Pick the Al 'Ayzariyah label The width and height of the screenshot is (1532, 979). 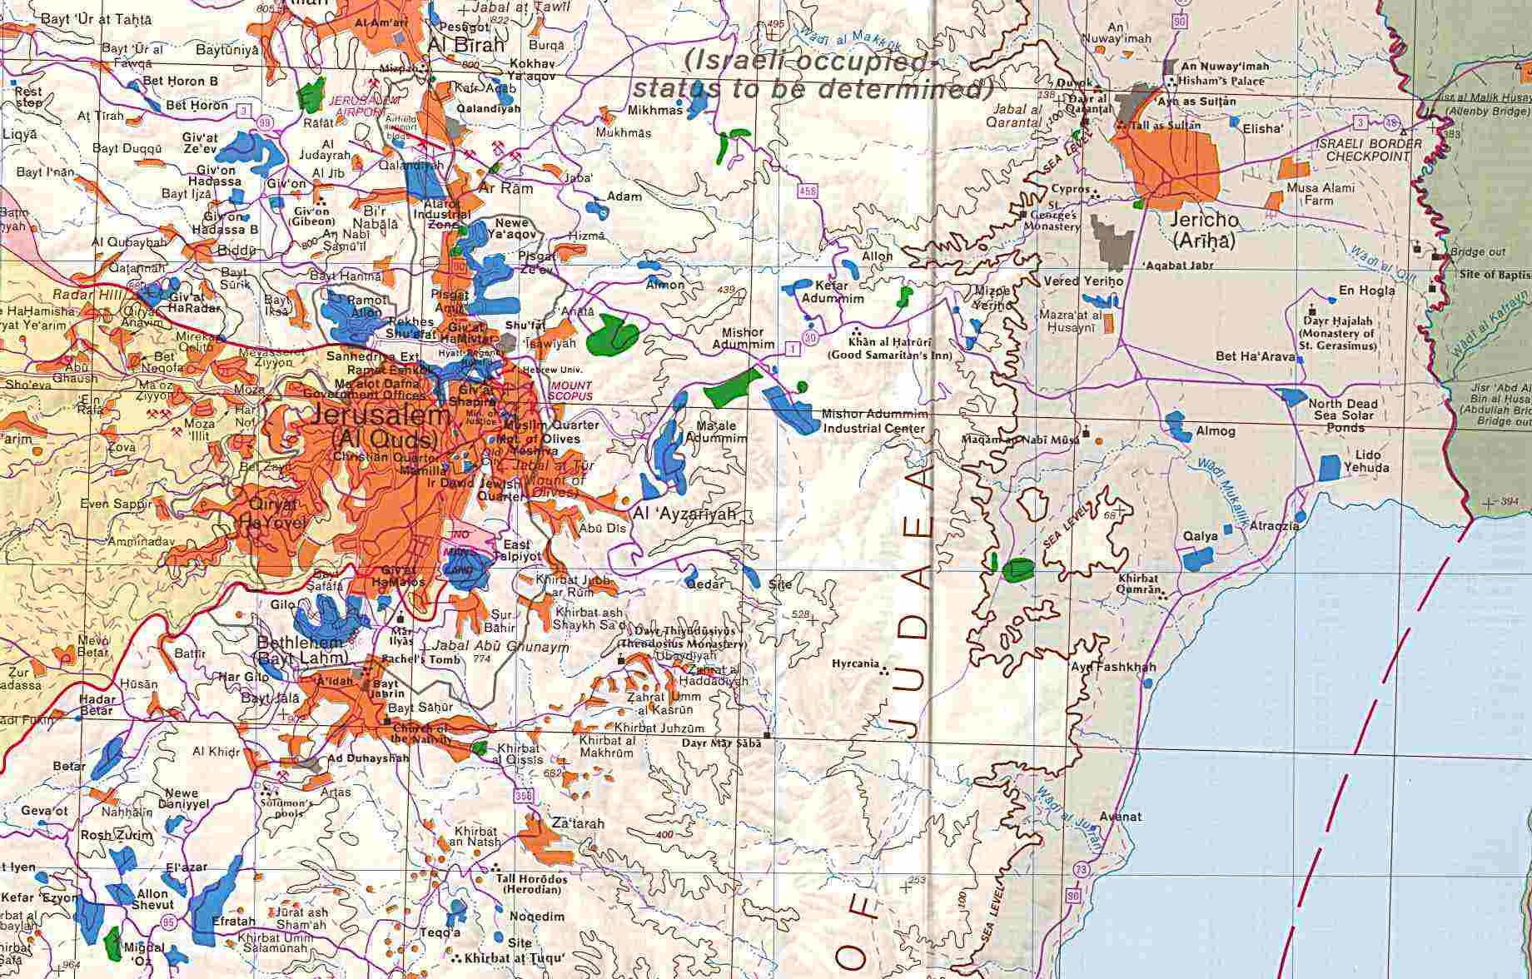pos(686,514)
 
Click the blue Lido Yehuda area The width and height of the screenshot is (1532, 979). pos(1331,466)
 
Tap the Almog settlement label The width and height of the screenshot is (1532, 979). pos(1216,431)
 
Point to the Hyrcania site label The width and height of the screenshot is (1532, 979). pos(855,664)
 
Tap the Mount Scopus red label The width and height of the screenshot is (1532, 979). pos(570,390)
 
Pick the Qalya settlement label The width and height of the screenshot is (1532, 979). pos(1201,536)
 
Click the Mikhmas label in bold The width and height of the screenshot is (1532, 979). pos(655,110)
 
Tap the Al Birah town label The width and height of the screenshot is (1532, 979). pos(466,45)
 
